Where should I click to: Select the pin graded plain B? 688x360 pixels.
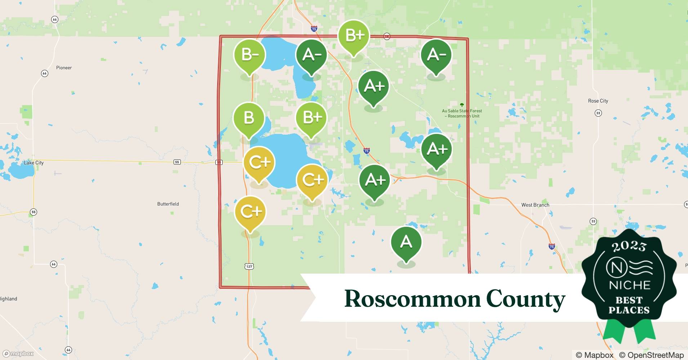coord(249,118)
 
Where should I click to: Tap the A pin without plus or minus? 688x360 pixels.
coord(406,242)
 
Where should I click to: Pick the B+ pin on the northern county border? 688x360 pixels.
coord(354,35)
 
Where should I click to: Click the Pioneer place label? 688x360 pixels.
coord(64,68)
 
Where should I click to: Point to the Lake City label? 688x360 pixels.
coord(33,163)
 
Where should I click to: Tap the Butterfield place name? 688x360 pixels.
coord(168,204)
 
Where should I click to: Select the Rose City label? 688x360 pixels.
coord(598,101)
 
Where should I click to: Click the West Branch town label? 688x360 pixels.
coord(535,205)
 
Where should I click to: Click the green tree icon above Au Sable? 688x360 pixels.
coord(462,105)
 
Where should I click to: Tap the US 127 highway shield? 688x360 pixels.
coord(249,266)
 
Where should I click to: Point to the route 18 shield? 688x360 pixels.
coord(387,36)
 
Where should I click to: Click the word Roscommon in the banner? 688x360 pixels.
coord(412,299)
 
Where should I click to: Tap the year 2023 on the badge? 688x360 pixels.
coord(629,246)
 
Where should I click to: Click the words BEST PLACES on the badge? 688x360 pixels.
coord(629,305)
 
